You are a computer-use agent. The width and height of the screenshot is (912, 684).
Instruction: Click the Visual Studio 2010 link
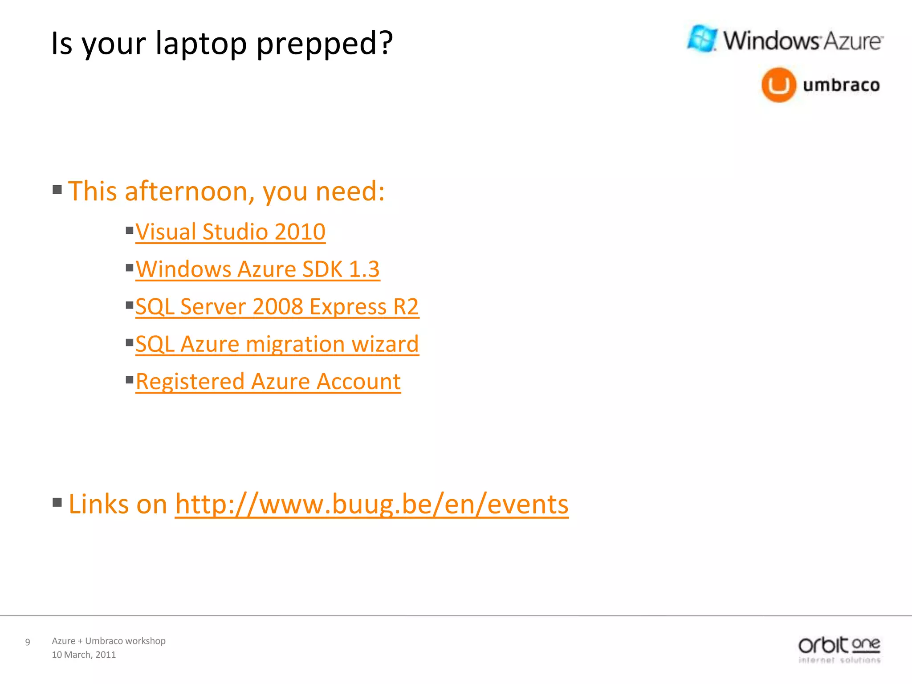[230, 232]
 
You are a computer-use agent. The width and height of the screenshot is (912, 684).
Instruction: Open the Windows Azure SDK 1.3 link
[258, 269]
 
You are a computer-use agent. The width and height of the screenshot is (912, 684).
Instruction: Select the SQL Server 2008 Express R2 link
[277, 307]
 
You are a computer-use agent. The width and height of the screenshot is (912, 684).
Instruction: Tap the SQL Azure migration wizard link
[277, 344]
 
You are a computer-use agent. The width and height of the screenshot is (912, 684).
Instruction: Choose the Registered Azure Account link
[268, 382]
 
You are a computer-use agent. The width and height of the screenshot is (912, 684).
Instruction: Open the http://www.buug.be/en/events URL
[371, 504]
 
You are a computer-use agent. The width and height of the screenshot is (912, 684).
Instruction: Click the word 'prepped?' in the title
[325, 44]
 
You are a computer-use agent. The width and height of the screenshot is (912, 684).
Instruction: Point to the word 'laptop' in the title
[201, 44]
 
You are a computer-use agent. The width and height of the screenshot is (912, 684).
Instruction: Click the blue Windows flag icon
[702, 38]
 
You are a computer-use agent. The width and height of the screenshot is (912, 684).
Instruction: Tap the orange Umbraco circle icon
[778, 85]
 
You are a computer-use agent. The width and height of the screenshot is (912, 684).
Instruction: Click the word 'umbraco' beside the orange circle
[841, 85]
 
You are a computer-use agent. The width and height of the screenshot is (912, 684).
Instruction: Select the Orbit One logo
[839, 650]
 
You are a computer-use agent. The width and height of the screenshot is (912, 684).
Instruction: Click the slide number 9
[28, 642]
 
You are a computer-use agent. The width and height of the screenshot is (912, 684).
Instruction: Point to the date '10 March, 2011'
[84, 655]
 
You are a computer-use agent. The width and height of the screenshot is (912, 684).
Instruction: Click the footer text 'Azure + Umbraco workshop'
[109, 641]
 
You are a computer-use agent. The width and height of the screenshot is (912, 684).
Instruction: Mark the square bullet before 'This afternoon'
[57, 190]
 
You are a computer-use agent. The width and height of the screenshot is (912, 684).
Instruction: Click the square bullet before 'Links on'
[57, 503]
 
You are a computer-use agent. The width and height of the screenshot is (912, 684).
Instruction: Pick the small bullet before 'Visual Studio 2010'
[130, 230]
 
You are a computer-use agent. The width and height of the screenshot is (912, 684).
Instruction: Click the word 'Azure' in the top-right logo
[852, 41]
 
